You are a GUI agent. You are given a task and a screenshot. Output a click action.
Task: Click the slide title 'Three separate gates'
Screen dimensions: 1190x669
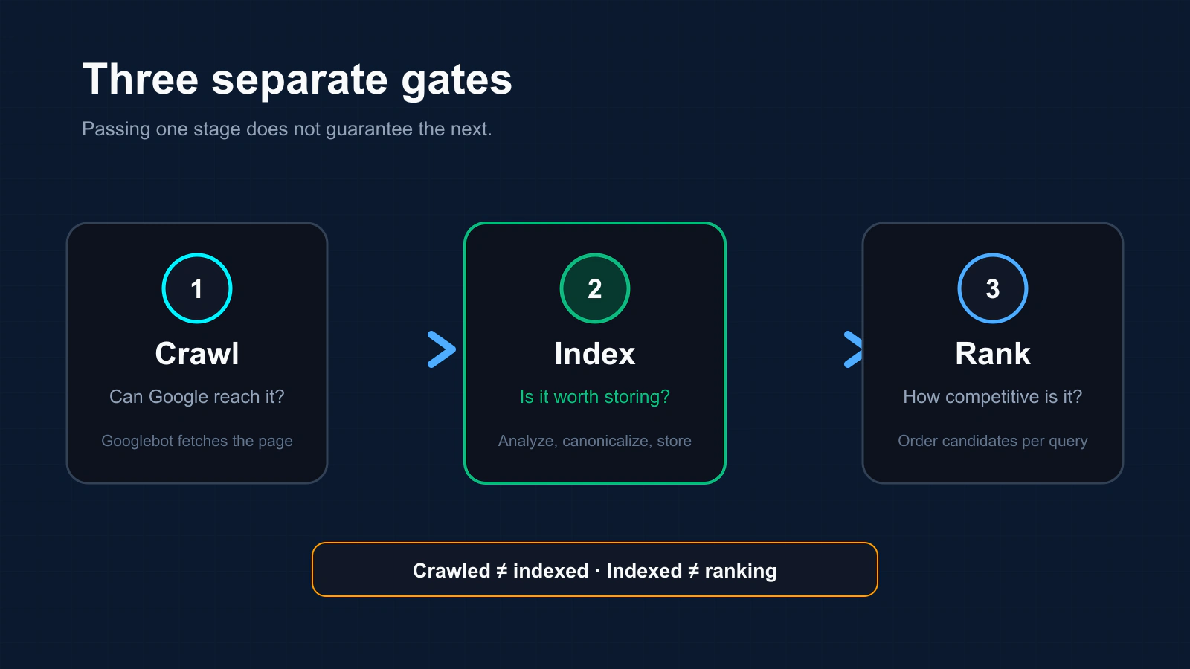297,80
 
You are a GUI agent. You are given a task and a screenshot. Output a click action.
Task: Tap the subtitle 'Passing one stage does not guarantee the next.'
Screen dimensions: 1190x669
287,129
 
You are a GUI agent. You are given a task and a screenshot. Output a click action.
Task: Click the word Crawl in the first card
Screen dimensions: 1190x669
197,354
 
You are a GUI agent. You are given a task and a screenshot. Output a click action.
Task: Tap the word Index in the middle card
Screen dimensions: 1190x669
595,354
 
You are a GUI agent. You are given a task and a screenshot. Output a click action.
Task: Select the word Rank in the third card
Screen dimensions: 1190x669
993,354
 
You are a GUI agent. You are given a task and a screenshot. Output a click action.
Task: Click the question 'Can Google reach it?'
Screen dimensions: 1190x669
197,397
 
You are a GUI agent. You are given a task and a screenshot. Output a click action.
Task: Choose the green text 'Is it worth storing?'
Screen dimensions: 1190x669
595,397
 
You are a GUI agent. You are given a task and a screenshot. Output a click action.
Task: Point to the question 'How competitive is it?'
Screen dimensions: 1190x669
993,397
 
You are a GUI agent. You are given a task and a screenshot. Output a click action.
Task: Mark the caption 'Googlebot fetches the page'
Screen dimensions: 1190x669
197,441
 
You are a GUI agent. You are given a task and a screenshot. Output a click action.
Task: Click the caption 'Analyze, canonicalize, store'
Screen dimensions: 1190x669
595,441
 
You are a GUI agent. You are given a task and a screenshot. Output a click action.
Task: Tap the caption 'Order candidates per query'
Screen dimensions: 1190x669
993,441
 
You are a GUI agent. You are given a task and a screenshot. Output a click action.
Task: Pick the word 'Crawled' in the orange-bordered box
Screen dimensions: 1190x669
451,571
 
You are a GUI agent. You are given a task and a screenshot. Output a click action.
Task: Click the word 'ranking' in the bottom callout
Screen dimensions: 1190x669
741,572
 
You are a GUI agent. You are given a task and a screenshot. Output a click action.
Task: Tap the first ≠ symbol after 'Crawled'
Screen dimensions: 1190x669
501,571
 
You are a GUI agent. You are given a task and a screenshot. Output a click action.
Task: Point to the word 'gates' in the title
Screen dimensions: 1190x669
457,81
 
